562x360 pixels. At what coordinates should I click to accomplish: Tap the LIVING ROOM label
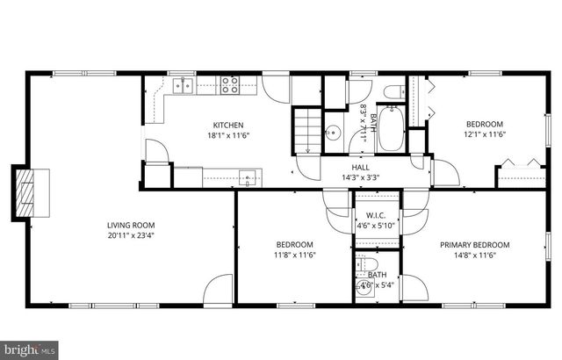[126, 224]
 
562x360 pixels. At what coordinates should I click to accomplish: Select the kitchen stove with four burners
[231, 85]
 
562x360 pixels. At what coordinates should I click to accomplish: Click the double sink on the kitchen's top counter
[184, 85]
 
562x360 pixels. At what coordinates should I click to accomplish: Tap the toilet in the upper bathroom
[393, 91]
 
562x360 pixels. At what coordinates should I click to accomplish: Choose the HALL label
[361, 167]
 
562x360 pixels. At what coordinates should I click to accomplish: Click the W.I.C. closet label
[377, 215]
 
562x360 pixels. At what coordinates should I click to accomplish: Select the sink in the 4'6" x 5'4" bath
[362, 292]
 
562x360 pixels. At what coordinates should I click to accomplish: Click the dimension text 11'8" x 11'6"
[295, 255]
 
